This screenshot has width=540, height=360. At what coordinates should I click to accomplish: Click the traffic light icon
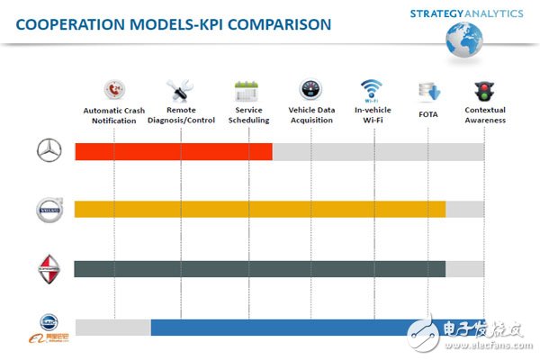(484, 91)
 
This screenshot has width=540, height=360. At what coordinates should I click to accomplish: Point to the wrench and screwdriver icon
(177, 91)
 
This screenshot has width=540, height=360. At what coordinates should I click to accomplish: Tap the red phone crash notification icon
(114, 91)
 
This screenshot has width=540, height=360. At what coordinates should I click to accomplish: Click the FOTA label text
(427, 115)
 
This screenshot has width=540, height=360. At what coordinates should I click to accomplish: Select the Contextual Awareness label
(484, 115)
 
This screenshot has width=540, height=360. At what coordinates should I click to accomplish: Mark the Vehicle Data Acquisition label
(311, 115)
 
